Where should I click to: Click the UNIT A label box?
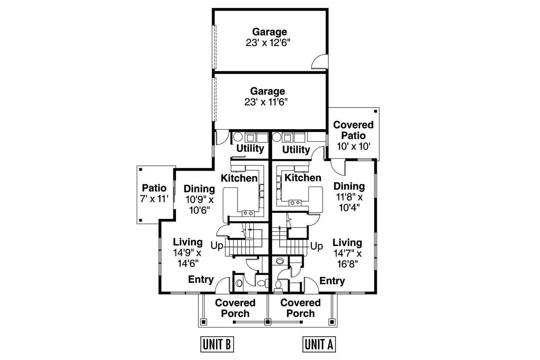(x=319, y=344)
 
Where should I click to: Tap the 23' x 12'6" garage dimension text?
(x=270, y=43)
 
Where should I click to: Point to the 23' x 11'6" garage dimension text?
(x=268, y=102)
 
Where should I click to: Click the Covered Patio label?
(x=354, y=130)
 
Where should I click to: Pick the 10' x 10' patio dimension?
(x=354, y=146)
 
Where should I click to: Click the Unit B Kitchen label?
(x=240, y=178)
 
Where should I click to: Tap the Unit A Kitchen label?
(x=303, y=178)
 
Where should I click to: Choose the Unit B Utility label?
(x=250, y=149)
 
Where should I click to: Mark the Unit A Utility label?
(x=296, y=149)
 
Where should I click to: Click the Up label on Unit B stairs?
(x=217, y=246)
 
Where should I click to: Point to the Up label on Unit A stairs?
(x=317, y=246)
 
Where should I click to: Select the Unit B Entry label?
(x=201, y=280)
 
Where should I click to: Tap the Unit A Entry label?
(x=332, y=281)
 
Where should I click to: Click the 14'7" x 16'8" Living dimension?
(x=347, y=259)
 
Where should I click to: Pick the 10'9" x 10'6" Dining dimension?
(x=199, y=204)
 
